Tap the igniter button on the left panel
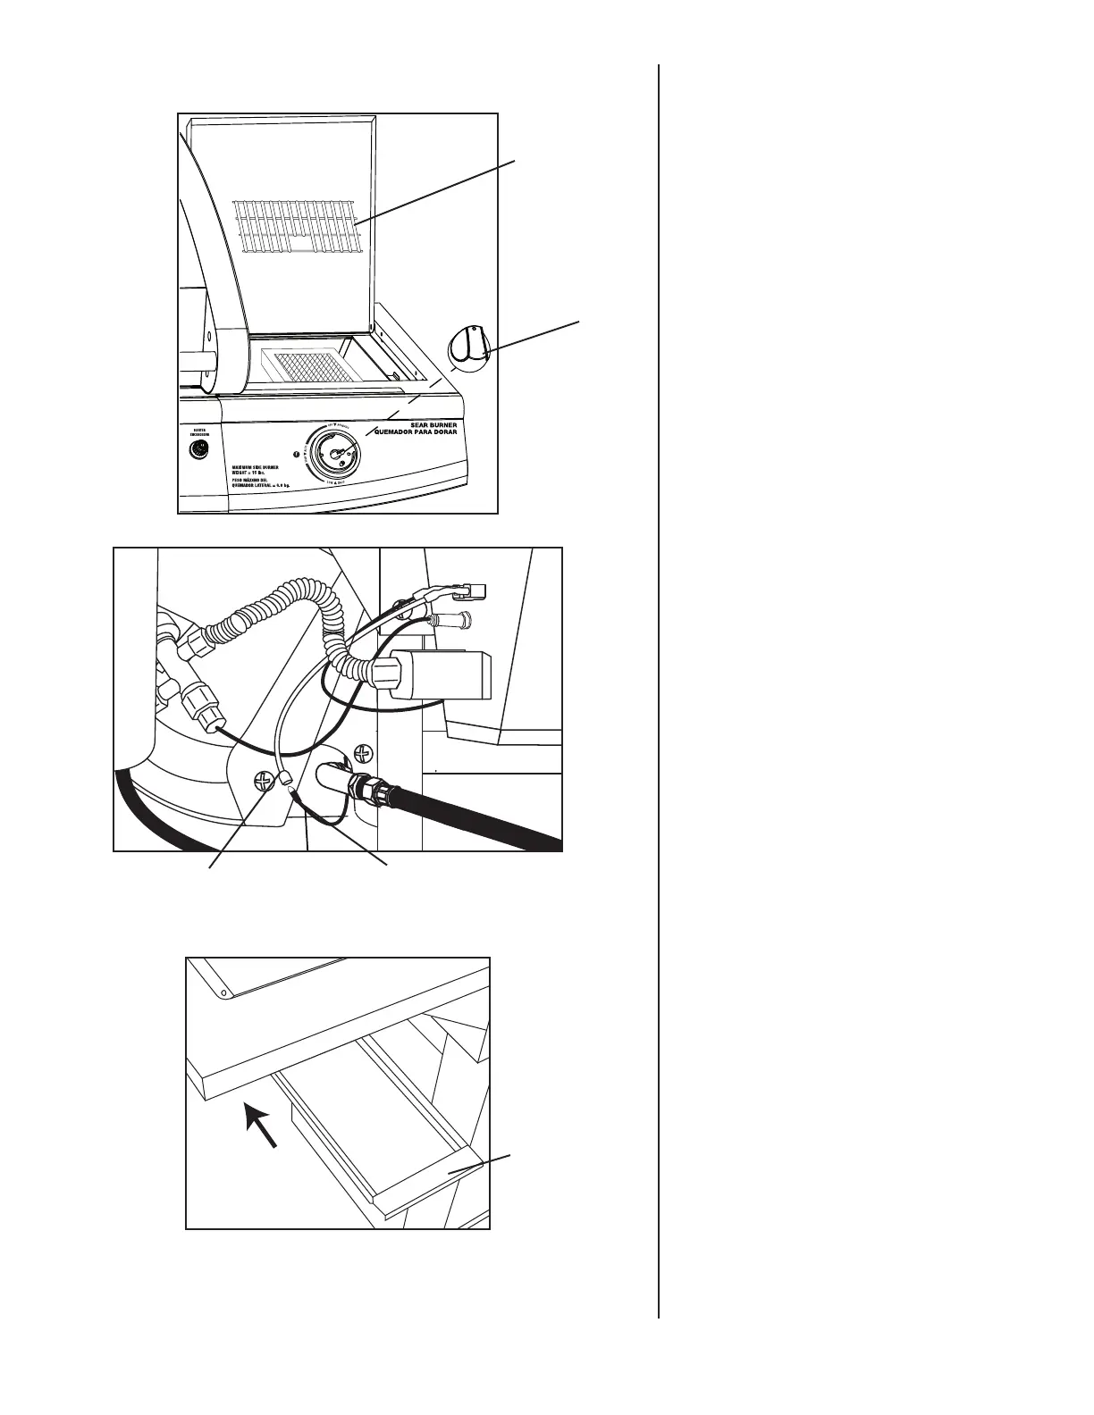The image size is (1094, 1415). pyautogui.click(x=198, y=449)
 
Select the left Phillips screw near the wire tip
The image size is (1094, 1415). pyautogui.click(x=261, y=780)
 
